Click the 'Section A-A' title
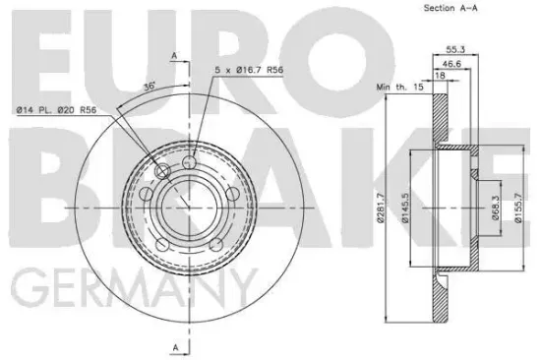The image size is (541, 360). click(x=451, y=8)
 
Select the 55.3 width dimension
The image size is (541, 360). click(x=455, y=49)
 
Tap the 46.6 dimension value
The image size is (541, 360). click(x=451, y=64)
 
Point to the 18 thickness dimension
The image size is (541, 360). click(x=441, y=75)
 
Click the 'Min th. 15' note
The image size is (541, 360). click(x=399, y=87)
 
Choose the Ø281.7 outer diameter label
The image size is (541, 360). click(x=381, y=208)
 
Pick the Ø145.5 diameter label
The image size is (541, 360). click(x=405, y=208)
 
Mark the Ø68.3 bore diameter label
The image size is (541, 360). click(x=496, y=208)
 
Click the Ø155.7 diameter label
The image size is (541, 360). click(x=518, y=208)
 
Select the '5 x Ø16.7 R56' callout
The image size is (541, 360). click(x=249, y=70)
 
